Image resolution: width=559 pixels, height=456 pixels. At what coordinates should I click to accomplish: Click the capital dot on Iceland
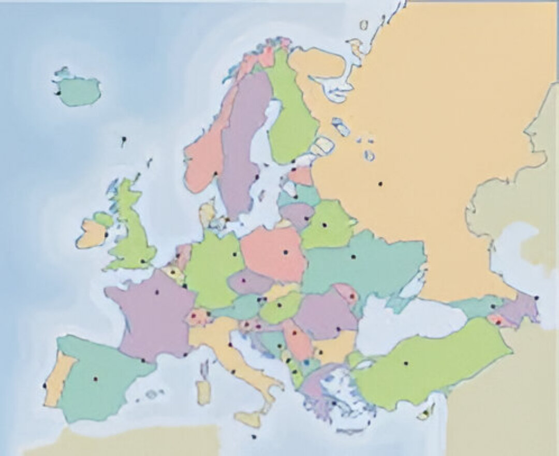[58, 93]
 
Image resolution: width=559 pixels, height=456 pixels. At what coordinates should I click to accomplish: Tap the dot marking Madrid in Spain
[95, 379]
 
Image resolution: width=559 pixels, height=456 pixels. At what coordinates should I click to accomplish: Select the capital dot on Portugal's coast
[45, 386]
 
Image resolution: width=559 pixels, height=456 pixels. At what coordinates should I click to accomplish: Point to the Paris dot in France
[157, 292]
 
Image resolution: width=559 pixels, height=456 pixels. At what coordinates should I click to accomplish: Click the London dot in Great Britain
[142, 261]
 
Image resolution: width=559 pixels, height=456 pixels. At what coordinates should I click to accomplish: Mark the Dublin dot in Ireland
[106, 234]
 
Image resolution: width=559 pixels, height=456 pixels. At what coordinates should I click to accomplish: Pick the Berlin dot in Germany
[234, 254]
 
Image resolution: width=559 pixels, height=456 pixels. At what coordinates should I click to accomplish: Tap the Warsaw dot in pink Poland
[285, 252]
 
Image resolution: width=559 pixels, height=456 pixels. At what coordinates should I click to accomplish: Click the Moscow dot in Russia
[380, 183]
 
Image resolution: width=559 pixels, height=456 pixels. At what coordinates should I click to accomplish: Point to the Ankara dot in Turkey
[406, 363]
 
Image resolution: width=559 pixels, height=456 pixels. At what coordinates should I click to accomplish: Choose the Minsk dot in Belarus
[325, 225]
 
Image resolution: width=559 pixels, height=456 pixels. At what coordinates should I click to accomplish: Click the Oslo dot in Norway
[215, 173]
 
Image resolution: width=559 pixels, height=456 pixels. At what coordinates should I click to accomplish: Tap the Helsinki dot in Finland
[293, 161]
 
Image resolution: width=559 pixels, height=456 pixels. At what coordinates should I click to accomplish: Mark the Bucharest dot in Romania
[338, 329]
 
